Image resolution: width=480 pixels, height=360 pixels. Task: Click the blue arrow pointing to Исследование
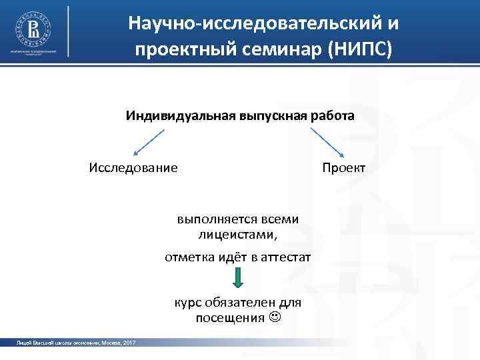click(x=149, y=141)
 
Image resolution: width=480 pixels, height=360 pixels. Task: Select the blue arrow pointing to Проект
click(x=327, y=141)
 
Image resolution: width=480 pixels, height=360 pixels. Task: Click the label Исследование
click(x=133, y=167)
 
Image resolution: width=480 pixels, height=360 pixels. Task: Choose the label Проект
click(x=343, y=167)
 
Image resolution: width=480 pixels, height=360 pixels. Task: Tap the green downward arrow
click(x=238, y=279)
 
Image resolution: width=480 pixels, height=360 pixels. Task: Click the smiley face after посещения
click(x=275, y=317)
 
